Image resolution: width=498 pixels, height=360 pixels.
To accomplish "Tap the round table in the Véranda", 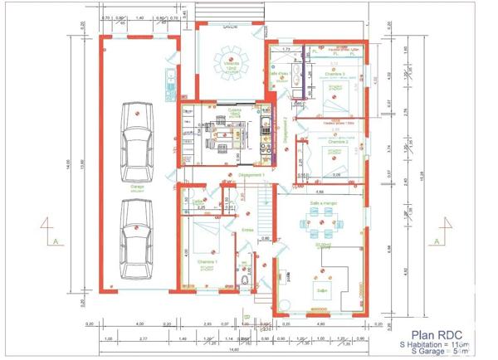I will coord(227,59).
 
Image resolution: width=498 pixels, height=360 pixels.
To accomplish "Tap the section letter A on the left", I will coord(54,241).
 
